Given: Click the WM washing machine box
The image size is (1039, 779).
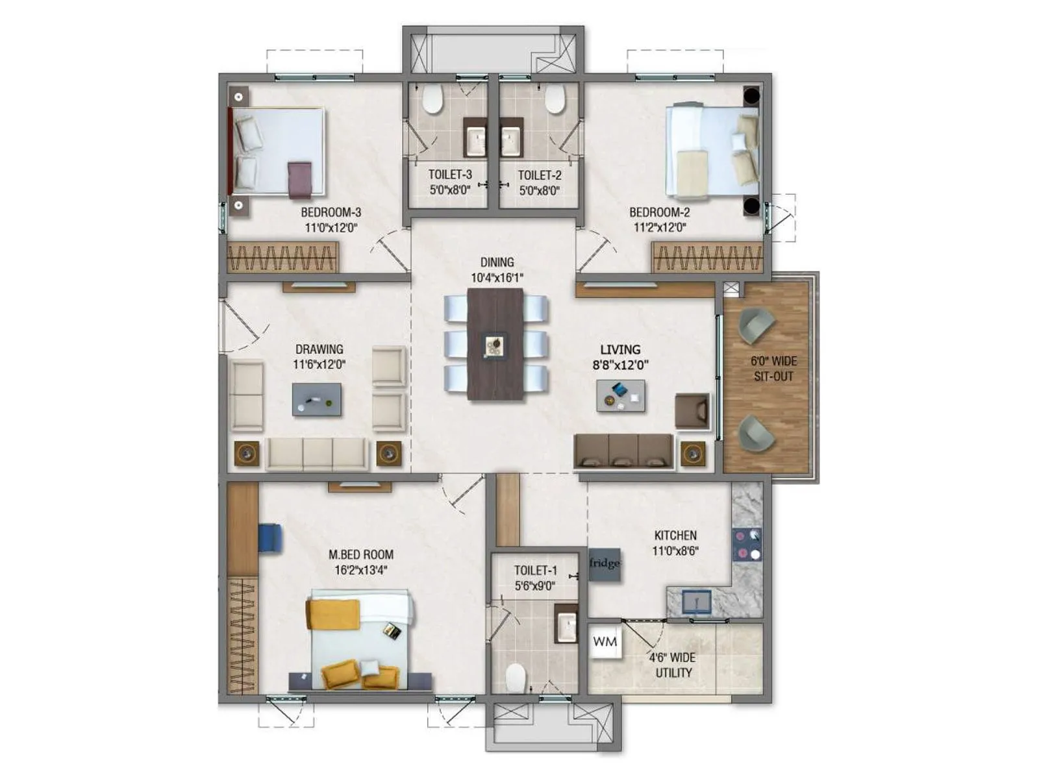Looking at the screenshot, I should coord(605,642).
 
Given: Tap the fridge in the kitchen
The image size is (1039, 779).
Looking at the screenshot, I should coord(605,563).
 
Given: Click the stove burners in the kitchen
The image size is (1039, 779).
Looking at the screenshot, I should coord(747,545).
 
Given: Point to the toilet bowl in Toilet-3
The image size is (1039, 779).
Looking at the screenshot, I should coord(432,99).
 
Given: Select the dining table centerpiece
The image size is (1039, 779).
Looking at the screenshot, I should coord(495,345).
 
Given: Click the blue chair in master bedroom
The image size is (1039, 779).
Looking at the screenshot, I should coord(271,538).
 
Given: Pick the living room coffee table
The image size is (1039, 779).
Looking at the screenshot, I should coord(621,396).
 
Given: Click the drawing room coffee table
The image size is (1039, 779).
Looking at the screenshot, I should coord(317,399).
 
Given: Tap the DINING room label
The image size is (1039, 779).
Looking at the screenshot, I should coord(497,262).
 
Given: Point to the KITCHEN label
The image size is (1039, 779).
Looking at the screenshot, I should coord(675,536).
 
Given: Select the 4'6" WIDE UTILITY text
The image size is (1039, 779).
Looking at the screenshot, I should coord(673,665).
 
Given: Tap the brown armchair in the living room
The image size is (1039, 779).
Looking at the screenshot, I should coord(692,411).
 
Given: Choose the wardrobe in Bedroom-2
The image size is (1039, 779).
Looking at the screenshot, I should coord(707,258).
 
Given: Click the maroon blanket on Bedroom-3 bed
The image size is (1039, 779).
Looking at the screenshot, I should coord(299,179).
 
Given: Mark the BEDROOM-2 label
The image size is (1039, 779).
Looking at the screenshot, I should coord(659,212).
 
